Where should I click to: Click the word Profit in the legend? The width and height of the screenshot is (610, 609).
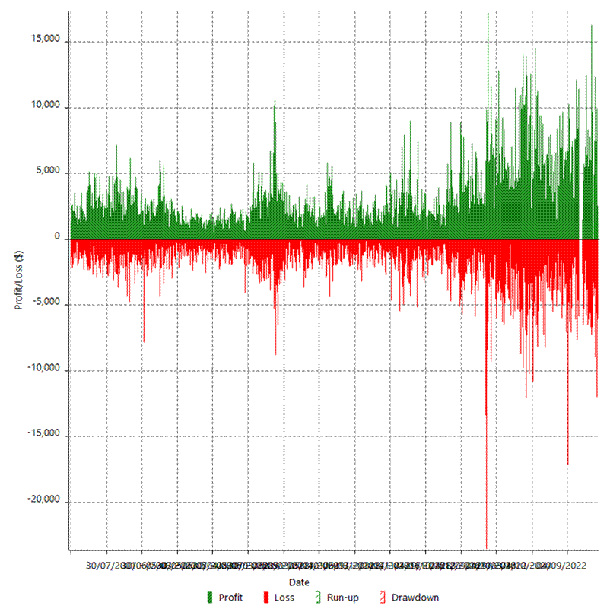[x=230, y=598]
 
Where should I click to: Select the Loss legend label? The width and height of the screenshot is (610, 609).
[x=284, y=598]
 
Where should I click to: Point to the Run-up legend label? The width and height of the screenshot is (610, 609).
[x=342, y=598]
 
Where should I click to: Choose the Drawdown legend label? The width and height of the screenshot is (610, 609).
[x=415, y=598]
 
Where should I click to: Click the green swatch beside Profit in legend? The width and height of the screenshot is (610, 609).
[x=210, y=598]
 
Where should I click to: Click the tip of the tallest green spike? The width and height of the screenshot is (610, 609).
[x=488, y=14]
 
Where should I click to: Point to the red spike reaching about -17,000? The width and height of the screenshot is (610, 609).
[x=567, y=463]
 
